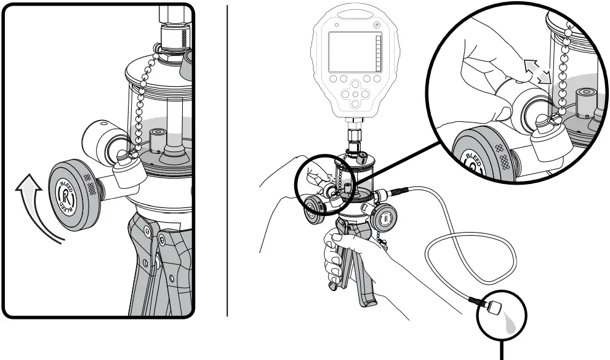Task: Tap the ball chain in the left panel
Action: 143,98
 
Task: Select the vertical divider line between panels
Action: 228,160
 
